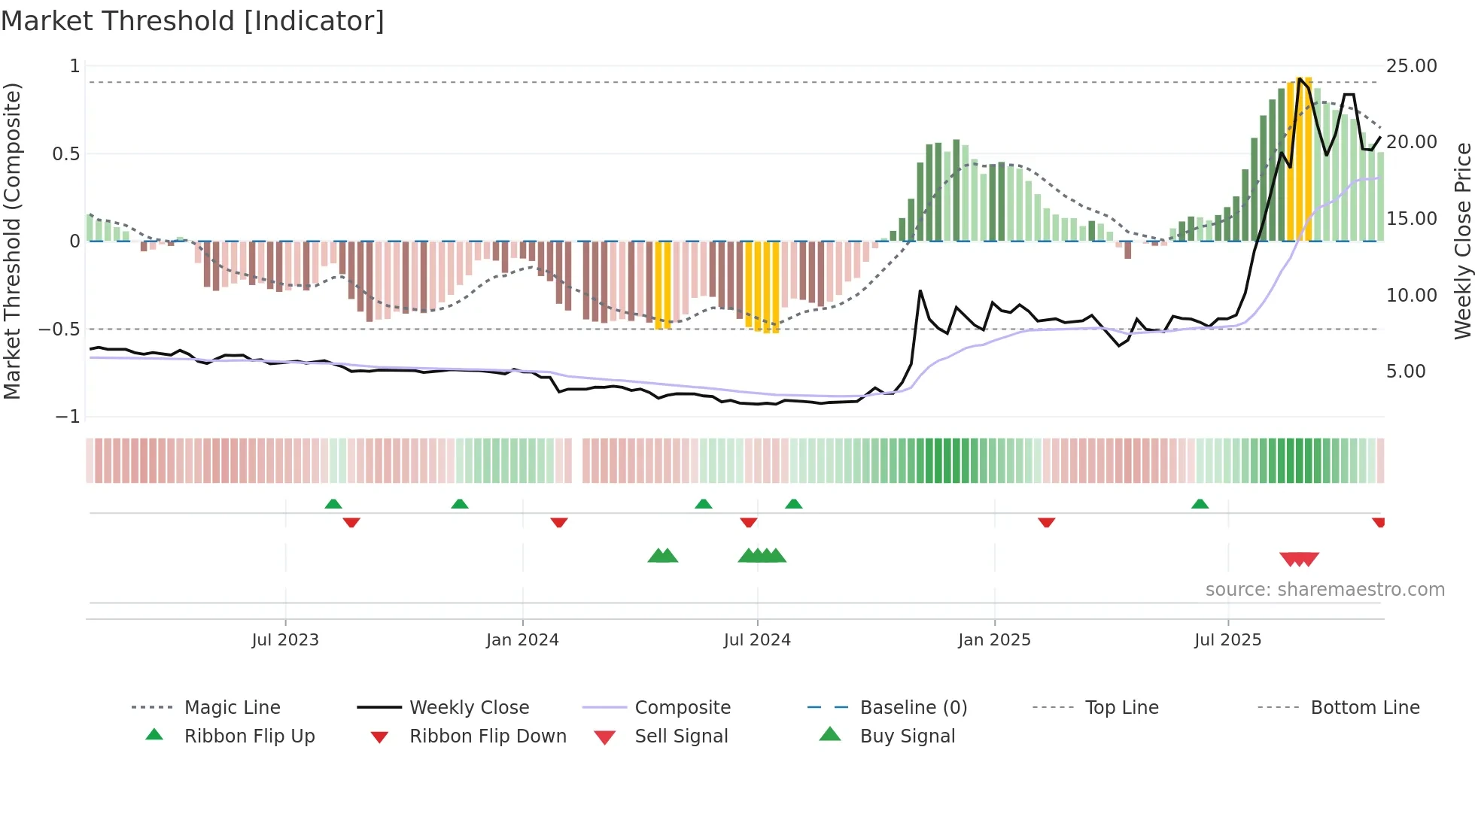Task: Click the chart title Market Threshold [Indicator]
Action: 193,21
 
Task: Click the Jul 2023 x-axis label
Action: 285,640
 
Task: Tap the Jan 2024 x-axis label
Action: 522,640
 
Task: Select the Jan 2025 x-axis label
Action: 994,640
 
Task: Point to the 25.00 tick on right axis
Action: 1411,66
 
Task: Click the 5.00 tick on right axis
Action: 1406,372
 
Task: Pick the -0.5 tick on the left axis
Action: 59,329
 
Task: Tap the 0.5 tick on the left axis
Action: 65,154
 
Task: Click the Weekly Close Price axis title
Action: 1462,241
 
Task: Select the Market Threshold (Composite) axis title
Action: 12,241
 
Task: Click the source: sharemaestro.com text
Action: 1324,590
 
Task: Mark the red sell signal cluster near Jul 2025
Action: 1299,559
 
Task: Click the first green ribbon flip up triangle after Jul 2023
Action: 333,504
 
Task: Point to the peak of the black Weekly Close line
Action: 1300,78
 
